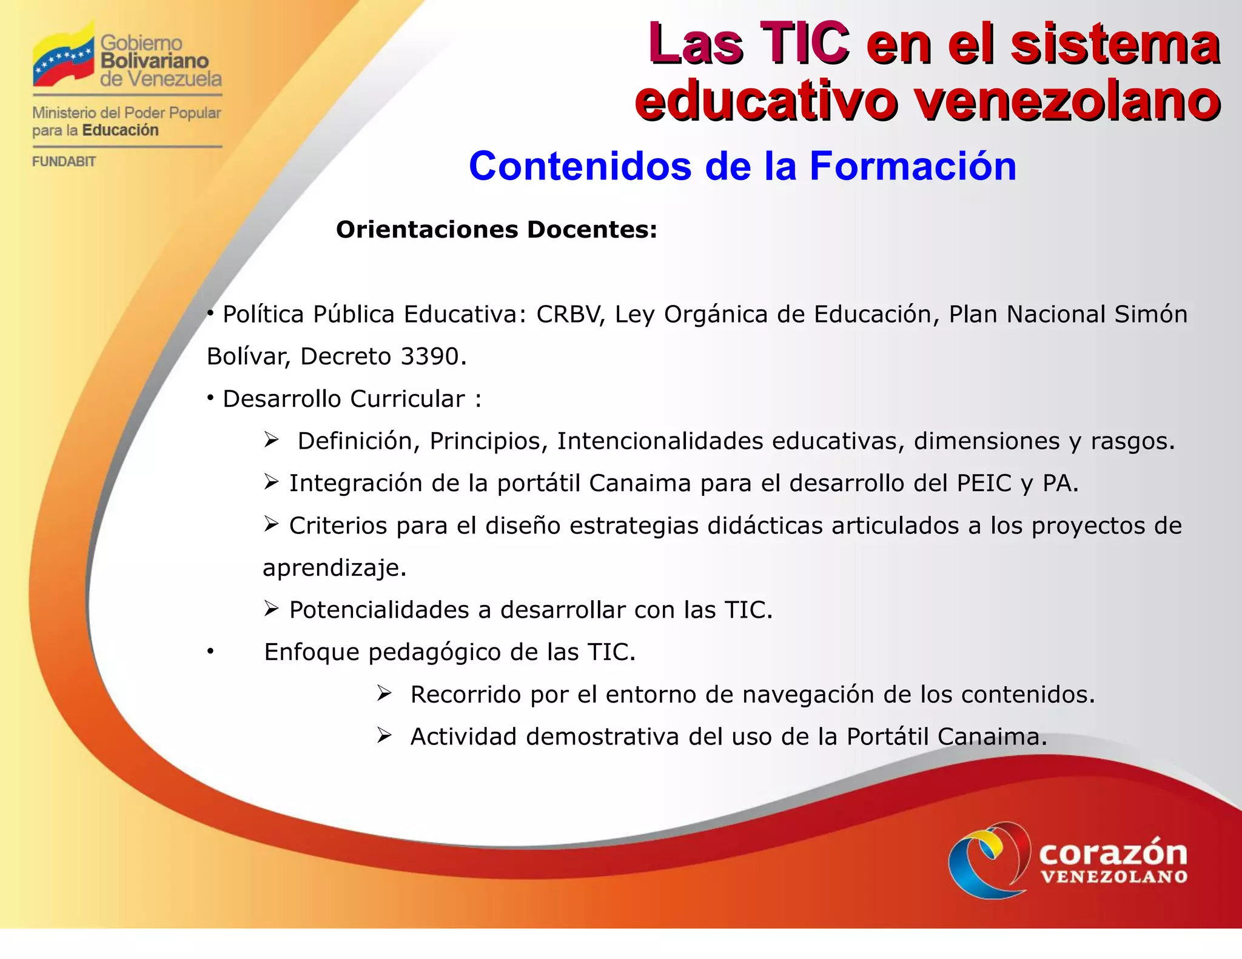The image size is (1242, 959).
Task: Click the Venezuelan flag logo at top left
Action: click(x=64, y=58)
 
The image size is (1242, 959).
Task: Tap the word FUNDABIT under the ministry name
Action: click(x=64, y=162)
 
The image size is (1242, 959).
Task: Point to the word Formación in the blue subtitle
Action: click(x=913, y=166)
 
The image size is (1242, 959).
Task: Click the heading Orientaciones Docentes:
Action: click(x=496, y=230)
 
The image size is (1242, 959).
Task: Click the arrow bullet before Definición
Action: click(x=271, y=439)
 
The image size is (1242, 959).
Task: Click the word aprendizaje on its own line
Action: click(x=334, y=568)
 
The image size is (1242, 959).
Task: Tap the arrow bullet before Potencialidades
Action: click(x=271, y=609)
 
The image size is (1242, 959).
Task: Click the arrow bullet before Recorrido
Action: click(x=384, y=693)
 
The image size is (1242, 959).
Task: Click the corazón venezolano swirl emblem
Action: click(x=989, y=860)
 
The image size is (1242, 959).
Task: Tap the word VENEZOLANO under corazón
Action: click(x=1113, y=877)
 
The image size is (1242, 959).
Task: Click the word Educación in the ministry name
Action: click(x=120, y=130)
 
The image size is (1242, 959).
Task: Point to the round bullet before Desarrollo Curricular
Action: click(x=210, y=398)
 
